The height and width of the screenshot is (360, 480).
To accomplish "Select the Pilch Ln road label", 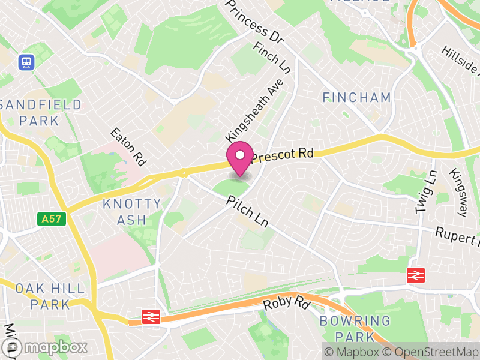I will click(247, 212).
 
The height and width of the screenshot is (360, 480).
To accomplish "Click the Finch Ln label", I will click(272, 58).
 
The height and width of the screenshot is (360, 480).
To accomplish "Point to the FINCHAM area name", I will click(356, 97).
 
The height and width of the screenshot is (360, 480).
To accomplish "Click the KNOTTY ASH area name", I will click(131, 212).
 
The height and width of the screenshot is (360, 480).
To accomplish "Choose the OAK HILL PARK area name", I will click(50, 296).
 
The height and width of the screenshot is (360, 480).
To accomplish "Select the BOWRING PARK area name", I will click(355, 328).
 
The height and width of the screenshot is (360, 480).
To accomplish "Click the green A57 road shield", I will click(51, 219).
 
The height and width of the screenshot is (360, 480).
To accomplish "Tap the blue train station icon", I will click(26, 61).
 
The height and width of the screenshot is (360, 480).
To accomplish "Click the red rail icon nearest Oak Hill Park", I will click(150, 316).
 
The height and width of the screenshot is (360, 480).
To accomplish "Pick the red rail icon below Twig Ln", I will click(415, 275).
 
